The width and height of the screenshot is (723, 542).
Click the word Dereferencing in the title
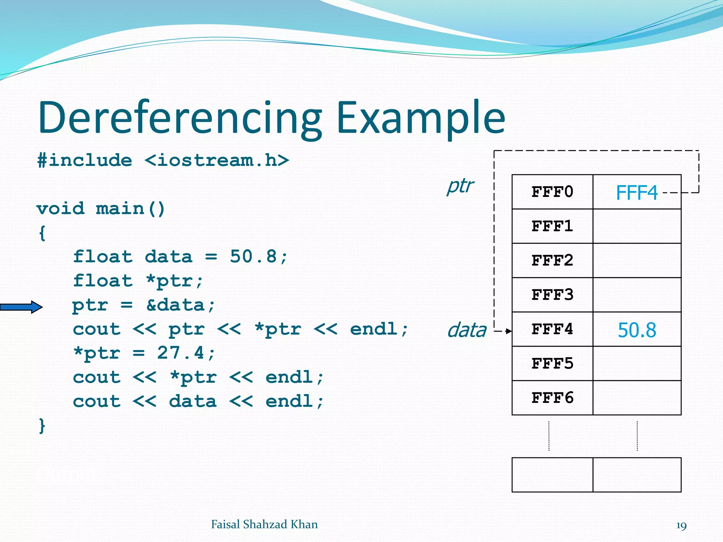[180, 118]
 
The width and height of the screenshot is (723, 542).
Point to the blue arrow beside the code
[21, 307]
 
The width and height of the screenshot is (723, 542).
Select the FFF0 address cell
[552, 192]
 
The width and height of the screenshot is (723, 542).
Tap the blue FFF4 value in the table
[637, 193]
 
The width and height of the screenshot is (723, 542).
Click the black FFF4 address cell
[552, 329]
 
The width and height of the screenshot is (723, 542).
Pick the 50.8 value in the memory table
[637, 330]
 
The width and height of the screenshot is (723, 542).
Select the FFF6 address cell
[552, 398]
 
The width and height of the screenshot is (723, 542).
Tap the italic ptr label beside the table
[460, 186]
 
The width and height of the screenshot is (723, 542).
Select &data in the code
[175, 305]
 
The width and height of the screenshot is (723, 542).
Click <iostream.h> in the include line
[217, 161]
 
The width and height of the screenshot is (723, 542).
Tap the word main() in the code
[130, 209]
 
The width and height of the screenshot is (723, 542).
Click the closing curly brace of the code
[42, 426]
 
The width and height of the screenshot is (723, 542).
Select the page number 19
[681, 526]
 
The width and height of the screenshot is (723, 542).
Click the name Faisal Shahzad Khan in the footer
[264, 524]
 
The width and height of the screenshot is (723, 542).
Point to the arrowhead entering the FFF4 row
[509, 331]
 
